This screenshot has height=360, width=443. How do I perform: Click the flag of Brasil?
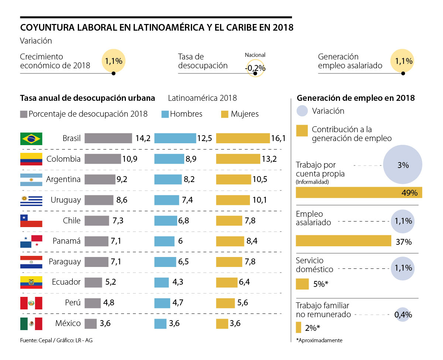31,138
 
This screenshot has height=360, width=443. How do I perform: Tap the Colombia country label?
63,159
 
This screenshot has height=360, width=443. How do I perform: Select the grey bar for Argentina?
100,179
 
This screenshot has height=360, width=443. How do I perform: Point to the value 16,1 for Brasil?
279,138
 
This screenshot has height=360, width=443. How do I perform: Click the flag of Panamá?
31,241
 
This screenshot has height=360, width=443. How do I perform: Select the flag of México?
31,323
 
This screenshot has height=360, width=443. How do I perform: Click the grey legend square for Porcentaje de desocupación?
24,114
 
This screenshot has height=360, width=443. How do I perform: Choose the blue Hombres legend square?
165,114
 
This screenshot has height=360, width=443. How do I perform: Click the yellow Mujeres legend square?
224,114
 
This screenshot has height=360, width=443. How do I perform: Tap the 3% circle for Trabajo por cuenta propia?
403,165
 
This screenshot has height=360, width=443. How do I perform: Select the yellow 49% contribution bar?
359,192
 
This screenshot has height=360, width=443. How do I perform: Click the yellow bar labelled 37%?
343,240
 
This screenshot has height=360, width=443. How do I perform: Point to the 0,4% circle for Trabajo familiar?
403,315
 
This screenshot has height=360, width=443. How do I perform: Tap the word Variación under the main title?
36,41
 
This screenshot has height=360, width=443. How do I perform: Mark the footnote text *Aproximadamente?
319,340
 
